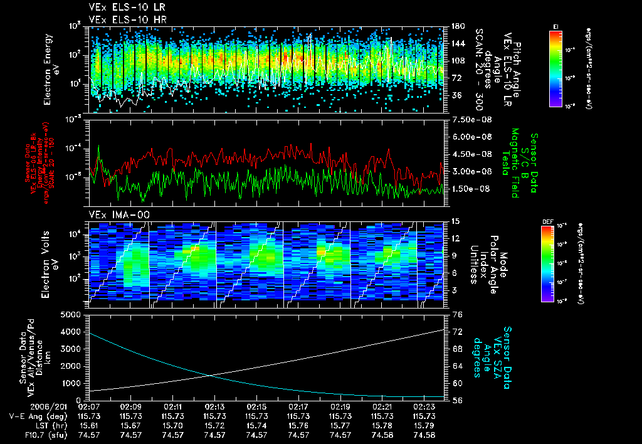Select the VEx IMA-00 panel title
[x=115, y=215]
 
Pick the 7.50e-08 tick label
[x=469, y=120]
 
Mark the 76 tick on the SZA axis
[x=457, y=315]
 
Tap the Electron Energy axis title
[x=51, y=69]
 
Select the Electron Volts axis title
[x=51, y=262]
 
